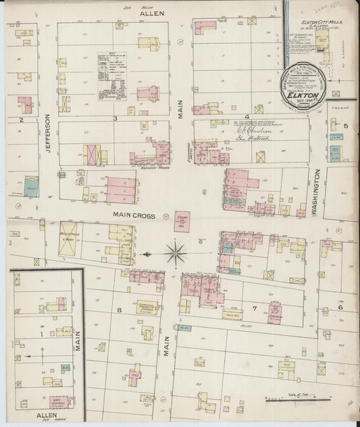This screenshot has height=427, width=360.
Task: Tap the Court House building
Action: coord(181,222)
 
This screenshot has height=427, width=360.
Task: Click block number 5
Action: coord(345,126)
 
